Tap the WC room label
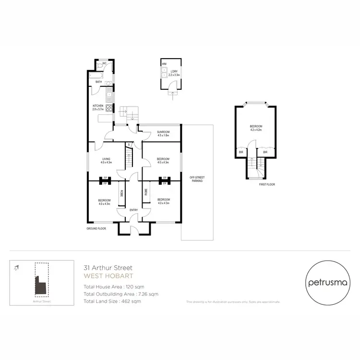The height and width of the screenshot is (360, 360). pyautogui.click(x=104, y=65)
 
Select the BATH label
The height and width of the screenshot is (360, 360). pyautogui.click(x=98, y=82)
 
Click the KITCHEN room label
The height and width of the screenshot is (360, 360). pyautogui.click(x=98, y=106)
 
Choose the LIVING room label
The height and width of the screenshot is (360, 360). pyautogui.click(x=106, y=159)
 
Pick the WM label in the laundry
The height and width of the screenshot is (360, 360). pyautogui.click(x=164, y=63)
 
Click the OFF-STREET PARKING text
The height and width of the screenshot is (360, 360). pyautogui.click(x=196, y=179)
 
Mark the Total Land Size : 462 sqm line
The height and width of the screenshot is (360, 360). pyautogui.click(x=112, y=301)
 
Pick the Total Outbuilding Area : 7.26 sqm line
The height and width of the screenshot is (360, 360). pyautogui.click(x=120, y=294)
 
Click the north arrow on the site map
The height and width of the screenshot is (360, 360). pyautogui.click(x=17, y=268)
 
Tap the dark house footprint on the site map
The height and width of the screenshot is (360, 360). pyautogui.click(x=40, y=286)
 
